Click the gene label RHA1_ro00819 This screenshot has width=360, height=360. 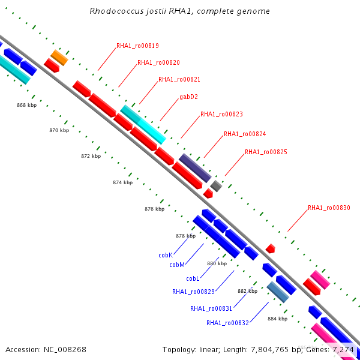pos(137,46)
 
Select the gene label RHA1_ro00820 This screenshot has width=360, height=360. pos(158,62)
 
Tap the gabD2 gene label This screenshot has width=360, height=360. pos(188,97)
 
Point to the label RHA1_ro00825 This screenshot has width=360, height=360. pos(266,152)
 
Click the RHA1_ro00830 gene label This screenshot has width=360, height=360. pos(329,208)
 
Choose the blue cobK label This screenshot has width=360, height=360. pos(166,255)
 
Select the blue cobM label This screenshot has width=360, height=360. pos(177,265)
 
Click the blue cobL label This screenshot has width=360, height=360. pos(193,278)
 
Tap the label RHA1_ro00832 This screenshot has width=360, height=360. pos(227,323)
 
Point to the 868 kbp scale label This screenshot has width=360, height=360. pos(26,105)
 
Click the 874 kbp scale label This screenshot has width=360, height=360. pos(122,182)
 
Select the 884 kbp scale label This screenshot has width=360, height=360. pos(277,319)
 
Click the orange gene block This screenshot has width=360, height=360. pos(59,58)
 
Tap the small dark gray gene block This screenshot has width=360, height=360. pos(216,186)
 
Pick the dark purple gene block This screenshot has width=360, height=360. pos(195,168)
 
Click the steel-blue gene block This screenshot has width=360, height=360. pos(278,292)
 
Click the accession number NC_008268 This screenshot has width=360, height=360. pos(65,350)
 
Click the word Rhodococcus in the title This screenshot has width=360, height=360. pos(116,11)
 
